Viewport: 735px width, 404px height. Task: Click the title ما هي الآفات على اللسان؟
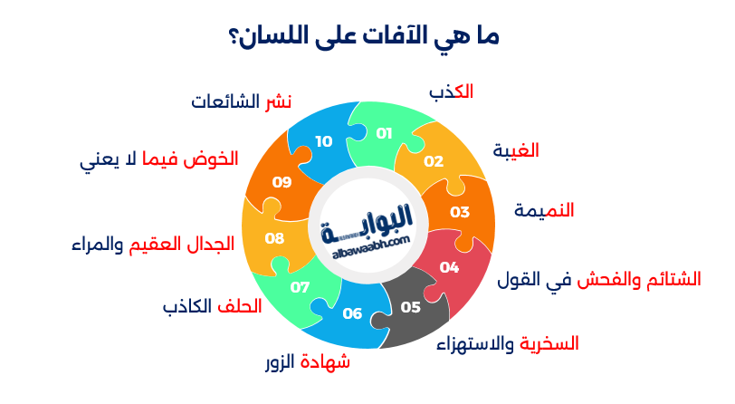364,35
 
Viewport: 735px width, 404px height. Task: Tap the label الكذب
451,91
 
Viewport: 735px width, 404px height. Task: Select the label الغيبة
516,150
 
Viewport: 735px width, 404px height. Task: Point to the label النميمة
544,210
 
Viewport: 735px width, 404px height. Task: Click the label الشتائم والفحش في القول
599,280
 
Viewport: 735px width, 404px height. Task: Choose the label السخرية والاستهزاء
508,344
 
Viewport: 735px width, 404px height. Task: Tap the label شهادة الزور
308,362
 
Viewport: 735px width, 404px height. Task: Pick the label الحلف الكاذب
213,306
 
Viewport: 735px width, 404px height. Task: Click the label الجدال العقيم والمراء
153,244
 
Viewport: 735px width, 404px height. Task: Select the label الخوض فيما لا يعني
159,160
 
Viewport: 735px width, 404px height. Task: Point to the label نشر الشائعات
242,101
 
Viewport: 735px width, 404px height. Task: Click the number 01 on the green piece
384,134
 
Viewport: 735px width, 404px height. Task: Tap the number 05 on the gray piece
411,307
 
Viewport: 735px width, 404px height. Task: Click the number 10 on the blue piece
324,141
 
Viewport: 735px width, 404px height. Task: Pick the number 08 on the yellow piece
274,238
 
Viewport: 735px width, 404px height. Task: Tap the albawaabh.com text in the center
371,247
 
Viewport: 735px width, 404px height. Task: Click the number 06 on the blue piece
352,313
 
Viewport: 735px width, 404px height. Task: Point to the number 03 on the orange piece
460,212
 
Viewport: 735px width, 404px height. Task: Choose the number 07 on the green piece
300,287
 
